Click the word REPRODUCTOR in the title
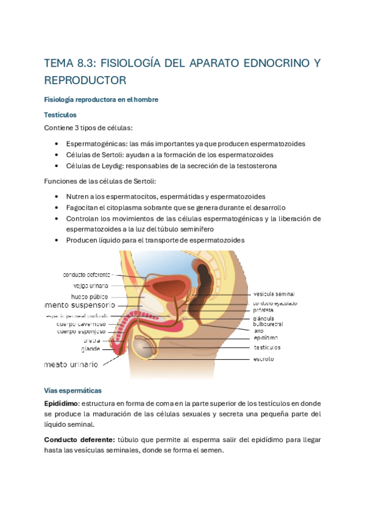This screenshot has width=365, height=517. click(85, 80)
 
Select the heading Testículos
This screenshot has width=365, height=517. click(60, 114)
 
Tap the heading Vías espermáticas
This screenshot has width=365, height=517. click(73, 390)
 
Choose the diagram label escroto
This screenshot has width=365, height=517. click(264, 359)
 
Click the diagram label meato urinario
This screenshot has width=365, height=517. click(71, 364)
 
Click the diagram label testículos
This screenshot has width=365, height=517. click(267, 347)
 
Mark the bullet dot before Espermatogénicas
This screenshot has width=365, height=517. click(56, 144)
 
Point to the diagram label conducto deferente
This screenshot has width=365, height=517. click(87, 274)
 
